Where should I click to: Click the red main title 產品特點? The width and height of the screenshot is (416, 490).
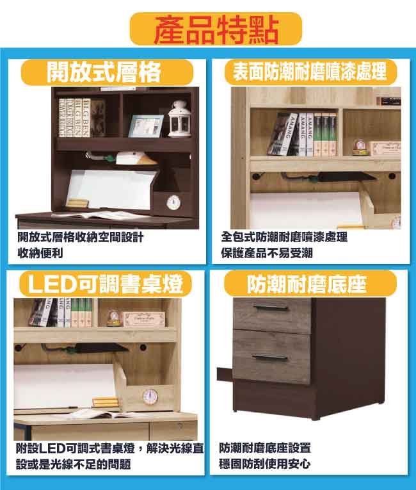pyautogui.click(x=216, y=29)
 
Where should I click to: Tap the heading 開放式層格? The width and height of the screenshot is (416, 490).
pyautogui.click(x=104, y=72)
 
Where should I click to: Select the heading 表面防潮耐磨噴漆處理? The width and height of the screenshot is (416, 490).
pyautogui.click(x=310, y=71)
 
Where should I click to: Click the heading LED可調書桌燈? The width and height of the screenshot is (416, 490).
pyautogui.click(x=105, y=284)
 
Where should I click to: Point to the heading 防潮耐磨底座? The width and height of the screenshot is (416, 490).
pyautogui.click(x=307, y=284)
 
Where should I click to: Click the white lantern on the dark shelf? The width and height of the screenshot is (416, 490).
pyautogui.click(x=180, y=119)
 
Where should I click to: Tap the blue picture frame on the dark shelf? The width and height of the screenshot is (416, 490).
pyautogui.click(x=145, y=126)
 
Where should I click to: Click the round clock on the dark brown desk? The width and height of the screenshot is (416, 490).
pyautogui.click(x=173, y=202)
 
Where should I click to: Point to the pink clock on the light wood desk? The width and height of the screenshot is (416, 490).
pyautogui.click(x=150, y=396)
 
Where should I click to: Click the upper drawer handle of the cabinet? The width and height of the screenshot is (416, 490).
pyautogui.click(x=271, y=308)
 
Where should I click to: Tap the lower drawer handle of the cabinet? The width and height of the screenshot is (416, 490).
pyautogui.click(x=270, y=357)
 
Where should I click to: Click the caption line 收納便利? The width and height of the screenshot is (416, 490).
pyautogui.click(x=40, y=252)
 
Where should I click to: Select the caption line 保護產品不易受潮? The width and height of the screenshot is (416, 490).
pyautogui.click(x=267, y=252)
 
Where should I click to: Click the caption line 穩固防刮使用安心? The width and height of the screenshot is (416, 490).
pyautogui.click(x=264, y=464)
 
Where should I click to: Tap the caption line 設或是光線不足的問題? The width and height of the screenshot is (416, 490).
pyautogui.click(x=74, y=464)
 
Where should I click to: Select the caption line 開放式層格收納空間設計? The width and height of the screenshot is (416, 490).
pyautogui.click(x=80, y=237)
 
